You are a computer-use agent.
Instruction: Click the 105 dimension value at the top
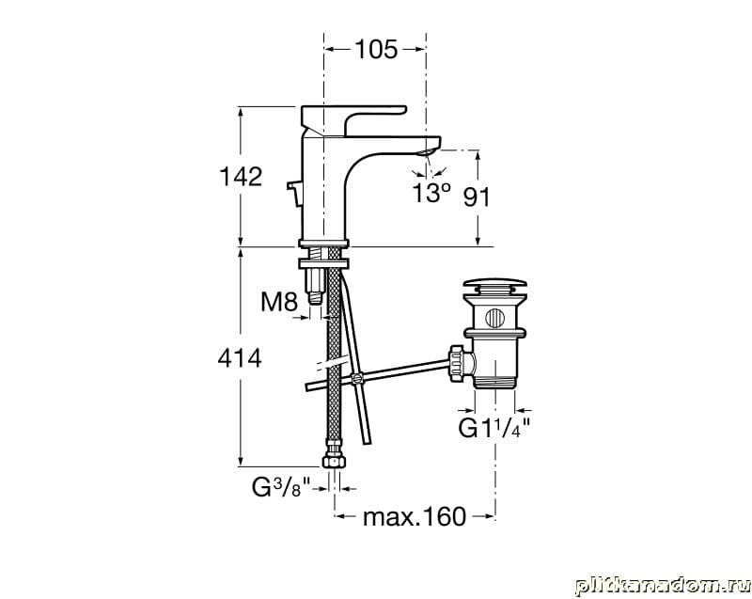[x=376, y=49]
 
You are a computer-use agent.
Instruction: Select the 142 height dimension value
[x=241, y=177]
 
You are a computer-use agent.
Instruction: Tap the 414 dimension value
[x=240, y=357]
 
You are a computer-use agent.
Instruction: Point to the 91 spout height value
[x=477, y=197]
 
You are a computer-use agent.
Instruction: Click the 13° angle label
[x=431, y=193]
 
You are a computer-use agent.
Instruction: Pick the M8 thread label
[x=279, y=302]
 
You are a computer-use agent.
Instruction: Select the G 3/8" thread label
[x=282, y=488]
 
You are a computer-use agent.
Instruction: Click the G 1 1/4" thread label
[x=494, y=428]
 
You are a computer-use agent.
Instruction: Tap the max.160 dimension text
[x=415, y=516]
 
